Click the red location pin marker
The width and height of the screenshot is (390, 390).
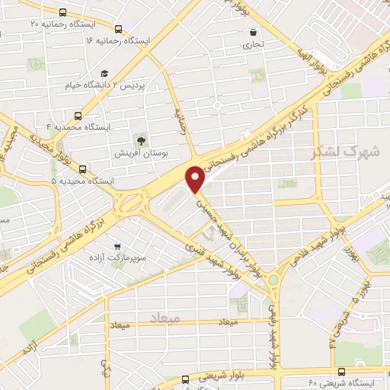pos(197,178)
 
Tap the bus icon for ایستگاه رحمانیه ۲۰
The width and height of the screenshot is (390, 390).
pos(60,13)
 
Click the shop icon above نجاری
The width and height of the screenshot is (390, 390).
pos(252,32)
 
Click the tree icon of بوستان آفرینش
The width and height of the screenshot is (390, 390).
pos(140,140)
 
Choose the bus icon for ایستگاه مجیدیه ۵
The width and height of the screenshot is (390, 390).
pos(82,170)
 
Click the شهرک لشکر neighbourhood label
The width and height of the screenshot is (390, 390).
pos(345,151)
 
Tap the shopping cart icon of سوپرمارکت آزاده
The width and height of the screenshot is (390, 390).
pos(117,247)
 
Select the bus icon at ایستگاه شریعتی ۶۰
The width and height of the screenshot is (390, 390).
pos(340,372)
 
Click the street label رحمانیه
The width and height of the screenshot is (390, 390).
pos(181,121)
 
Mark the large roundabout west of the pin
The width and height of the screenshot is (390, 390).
pos(132,202)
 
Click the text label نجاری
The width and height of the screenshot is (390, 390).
pos(253,45)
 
